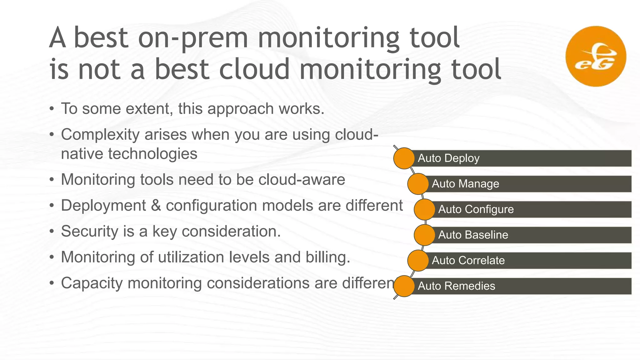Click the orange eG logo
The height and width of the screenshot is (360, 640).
[596, 56]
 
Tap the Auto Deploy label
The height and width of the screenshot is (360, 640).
[448, 158]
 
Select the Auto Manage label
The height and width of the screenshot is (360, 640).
[465, 184]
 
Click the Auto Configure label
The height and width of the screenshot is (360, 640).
[476, 209]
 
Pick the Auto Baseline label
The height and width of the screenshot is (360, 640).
[473, 235]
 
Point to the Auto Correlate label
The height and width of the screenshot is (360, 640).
[468, 261]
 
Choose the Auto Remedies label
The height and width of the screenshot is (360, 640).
[456, 286]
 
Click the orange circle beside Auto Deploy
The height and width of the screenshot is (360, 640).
[404, 158]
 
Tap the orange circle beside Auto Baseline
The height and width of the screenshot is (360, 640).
[424, 235]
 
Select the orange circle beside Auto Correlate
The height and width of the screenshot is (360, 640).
[418, 261]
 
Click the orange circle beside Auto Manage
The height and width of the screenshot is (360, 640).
[418, 184]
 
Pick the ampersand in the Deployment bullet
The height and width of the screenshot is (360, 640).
[156, 206]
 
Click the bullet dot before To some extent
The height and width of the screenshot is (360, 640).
[52, 109]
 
